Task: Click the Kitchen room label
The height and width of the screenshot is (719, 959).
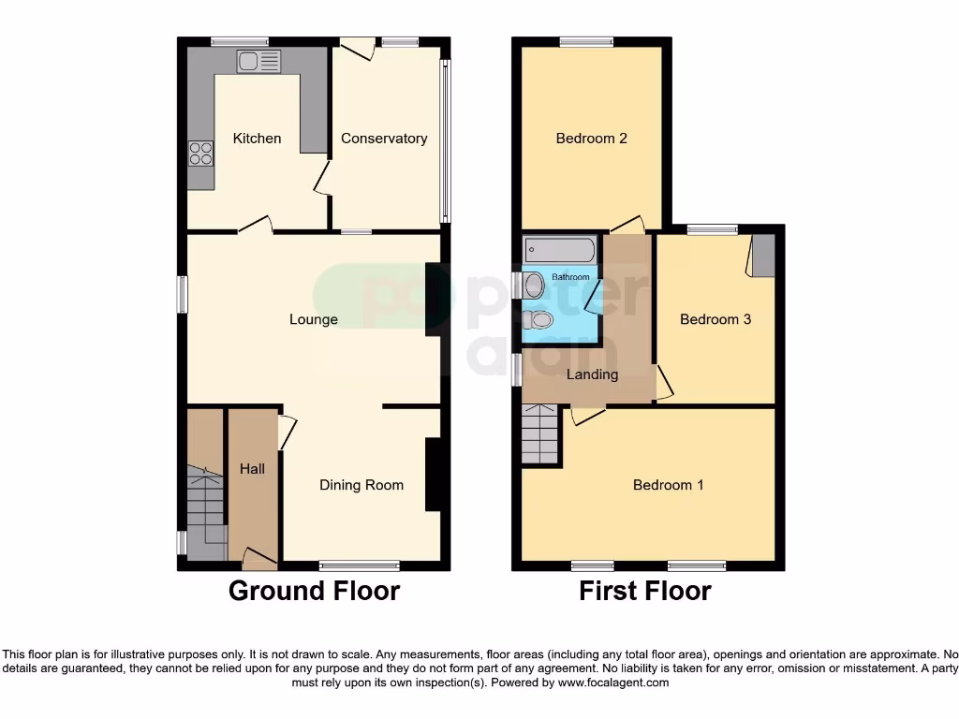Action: (257, 139)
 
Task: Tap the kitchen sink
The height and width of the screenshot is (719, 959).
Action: (258, 62)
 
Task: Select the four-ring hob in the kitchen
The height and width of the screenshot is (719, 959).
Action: (200, 153)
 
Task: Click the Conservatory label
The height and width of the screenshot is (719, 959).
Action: (384, 139)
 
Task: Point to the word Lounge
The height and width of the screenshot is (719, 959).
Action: (313, 319)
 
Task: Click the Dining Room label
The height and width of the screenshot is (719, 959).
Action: (361, 485)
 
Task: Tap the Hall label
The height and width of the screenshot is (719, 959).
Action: (252, 469)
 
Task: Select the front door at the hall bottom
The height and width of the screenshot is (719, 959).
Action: (259, 559)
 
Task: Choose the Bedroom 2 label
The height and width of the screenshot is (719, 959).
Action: (591, 139)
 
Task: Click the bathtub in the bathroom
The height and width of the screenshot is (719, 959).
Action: (559, 251)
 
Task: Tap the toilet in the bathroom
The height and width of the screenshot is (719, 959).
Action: (539, 320)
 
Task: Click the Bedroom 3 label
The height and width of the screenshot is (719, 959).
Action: (716, 319)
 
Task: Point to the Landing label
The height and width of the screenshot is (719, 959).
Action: (593, 374)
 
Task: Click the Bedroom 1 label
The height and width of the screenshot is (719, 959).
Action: (668, 485)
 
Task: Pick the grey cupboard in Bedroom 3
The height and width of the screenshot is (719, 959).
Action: (764, 255)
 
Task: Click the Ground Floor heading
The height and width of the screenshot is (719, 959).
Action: (314, 592)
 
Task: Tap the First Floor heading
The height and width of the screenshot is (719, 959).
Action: (644, 592)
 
